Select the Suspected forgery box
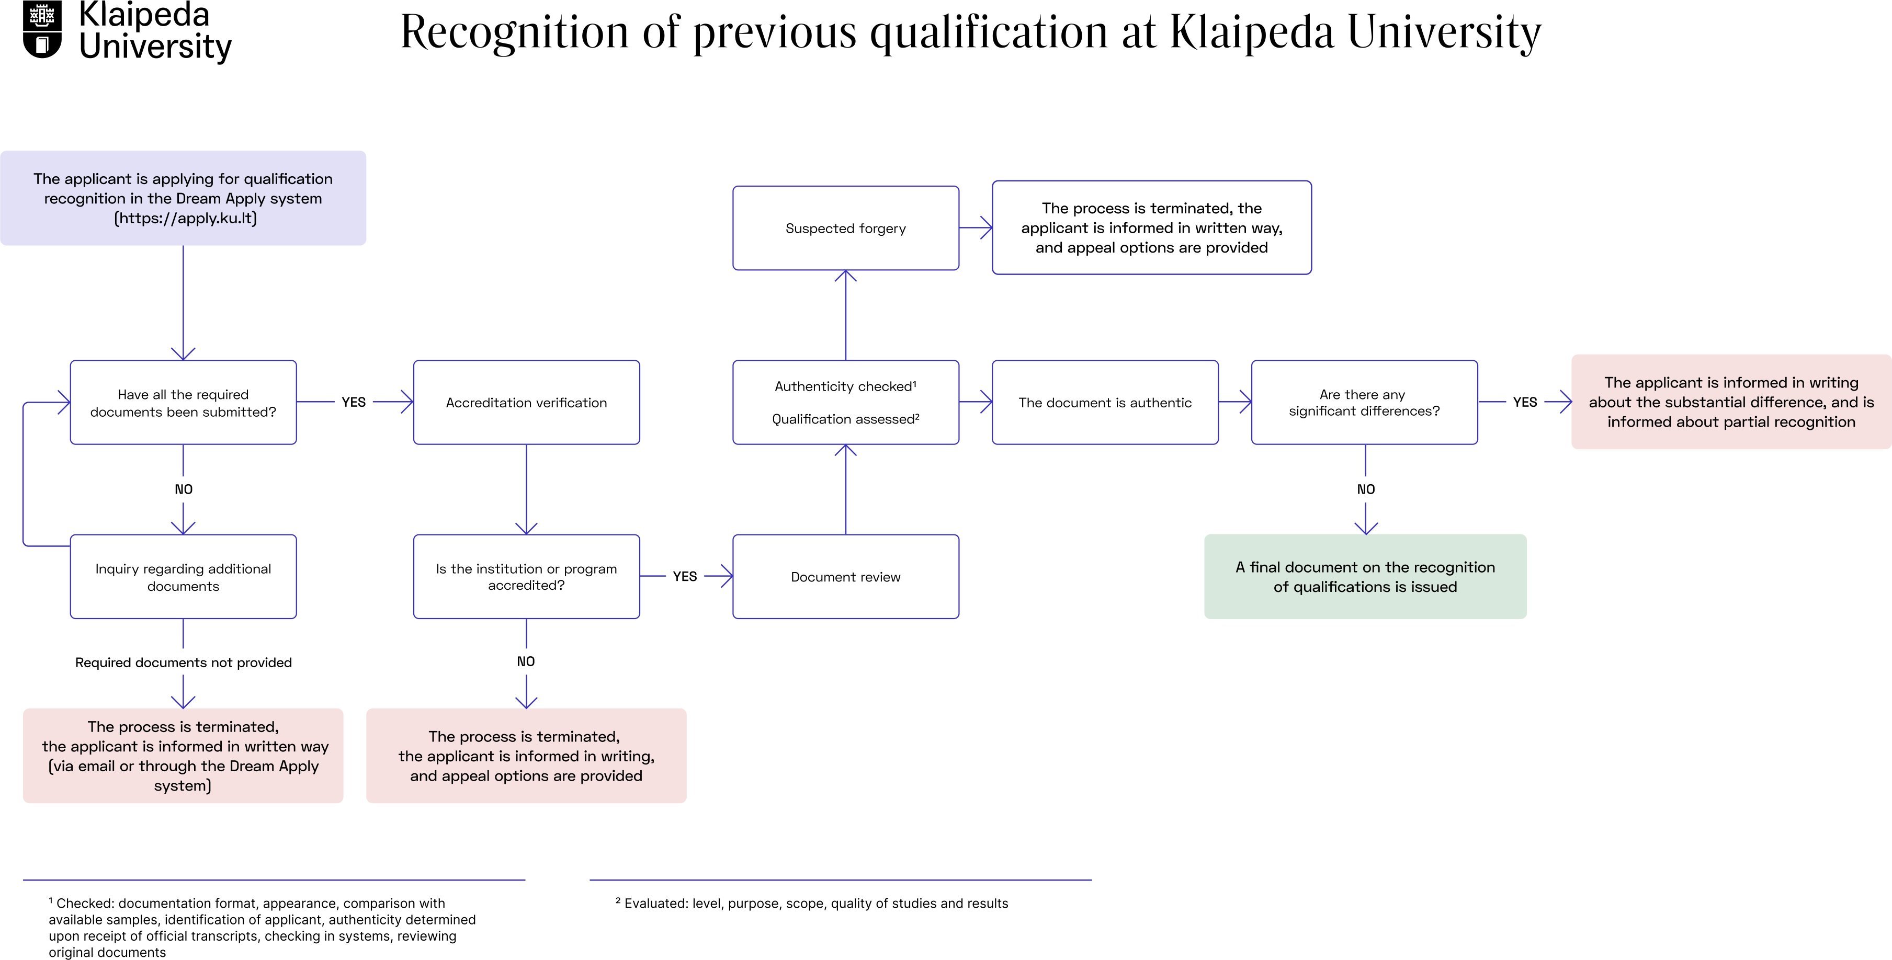tap(845, 228)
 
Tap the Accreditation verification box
tap(526, 402)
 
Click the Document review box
tap(845, 577)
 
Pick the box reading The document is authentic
tap(1105, 402)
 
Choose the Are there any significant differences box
tap(1364, 402)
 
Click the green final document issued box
tap(1365, 577)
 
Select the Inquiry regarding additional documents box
tap(183, 577)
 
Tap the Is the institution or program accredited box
tap(526, 577)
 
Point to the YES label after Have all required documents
tap(353, 402)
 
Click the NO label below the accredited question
tap(526, 661)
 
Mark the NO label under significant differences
tap(1365, 489)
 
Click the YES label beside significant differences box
tap(1525, 402)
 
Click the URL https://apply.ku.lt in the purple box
tap(186, 218)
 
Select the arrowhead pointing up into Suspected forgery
tap(845, 277)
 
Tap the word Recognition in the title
tap(514, 32)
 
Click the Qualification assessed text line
tap(845, 419)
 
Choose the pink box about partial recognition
tap(1730, 402)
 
